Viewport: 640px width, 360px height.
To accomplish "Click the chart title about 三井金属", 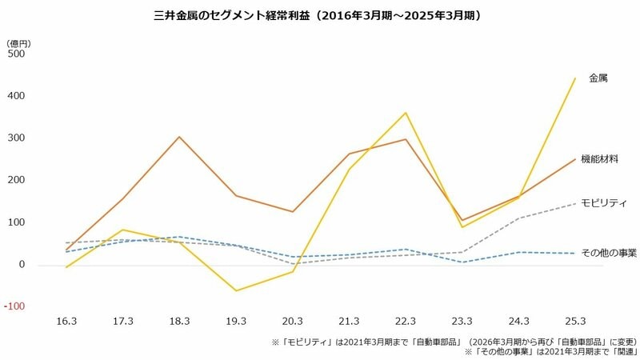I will click(x=320, y=15).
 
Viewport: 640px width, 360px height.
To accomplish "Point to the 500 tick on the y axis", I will click(x=15, y=54).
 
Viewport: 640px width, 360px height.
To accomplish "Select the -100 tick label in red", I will click(x=14, y=306).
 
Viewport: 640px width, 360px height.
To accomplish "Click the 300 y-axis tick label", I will click(x=15, y=138).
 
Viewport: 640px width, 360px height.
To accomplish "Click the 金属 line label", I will click(x=598, y=78).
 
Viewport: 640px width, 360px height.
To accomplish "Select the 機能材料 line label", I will click(x=600, y=159).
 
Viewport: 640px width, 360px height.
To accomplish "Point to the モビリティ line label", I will click(x=603, y=203).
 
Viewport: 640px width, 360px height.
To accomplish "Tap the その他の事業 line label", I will click(x=609, y=253).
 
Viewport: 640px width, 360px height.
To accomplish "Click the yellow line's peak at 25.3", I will click(x=575, y=78).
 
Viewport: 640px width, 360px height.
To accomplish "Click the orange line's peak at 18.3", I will click(x=180, y=137).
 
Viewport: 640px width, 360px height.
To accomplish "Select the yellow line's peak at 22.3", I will click(x=406, y=113).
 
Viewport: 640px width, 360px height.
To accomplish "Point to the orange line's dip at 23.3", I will click(x=462, y=220).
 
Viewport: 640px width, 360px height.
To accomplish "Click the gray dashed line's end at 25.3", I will click(x=575, y=203).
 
